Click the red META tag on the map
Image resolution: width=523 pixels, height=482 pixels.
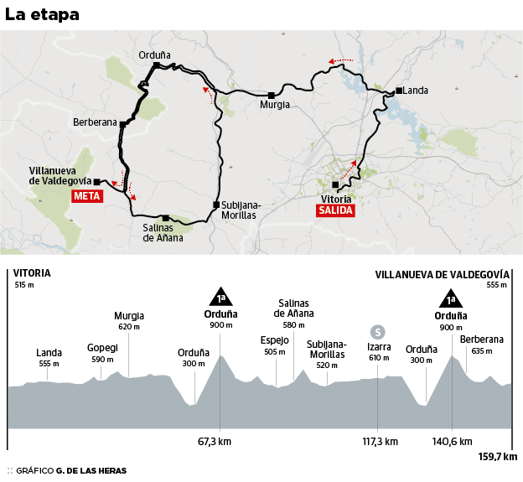(x=87, y=196)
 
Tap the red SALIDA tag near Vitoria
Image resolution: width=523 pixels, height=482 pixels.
(x=335, y=210)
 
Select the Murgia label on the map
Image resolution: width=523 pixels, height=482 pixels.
(x=275, y=105)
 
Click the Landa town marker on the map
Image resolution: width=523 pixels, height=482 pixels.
(x=400, y=91)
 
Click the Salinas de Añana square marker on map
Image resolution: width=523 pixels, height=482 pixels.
(x=166, y=217)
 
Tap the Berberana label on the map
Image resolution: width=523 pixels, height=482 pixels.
(x=95, y=122)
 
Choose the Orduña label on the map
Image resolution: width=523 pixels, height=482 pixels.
(x=155, y=55)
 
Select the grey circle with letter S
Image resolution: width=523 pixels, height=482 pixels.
(x=378, y=331)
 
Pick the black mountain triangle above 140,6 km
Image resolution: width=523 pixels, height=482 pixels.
(x=451, y=298)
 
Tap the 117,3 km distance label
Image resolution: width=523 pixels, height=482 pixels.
(x=380, y=441)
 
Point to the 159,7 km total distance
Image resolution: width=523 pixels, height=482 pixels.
(x=498, y=457)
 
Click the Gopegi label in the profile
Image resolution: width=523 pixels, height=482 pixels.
(x=102, y=347)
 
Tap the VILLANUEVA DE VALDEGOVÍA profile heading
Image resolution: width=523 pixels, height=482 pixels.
(x=442, y=273)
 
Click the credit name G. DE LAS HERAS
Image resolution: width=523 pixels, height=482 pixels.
(x=91, y=470)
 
